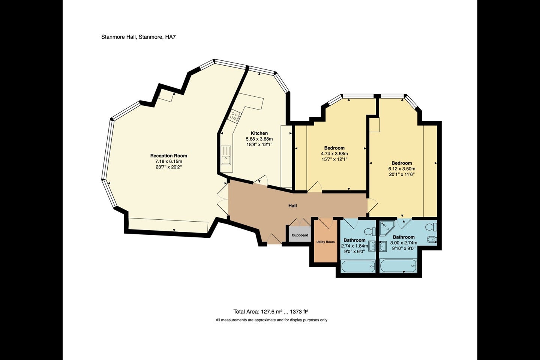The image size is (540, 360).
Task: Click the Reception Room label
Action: (168, 156)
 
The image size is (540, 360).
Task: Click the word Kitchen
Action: (259, 133)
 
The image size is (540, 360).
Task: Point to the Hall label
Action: (292, 205)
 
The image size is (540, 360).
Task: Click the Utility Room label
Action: (325, 242)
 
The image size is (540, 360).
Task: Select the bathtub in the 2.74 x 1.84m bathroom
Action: (358, 266)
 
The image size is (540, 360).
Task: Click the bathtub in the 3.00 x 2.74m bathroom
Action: (398, 266)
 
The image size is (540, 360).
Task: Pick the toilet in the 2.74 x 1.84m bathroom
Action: (370, 232)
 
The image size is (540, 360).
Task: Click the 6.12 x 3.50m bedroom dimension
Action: (402, 169)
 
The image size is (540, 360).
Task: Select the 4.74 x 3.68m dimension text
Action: (334, 154)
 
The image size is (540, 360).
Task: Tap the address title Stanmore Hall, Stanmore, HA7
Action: (138, 37)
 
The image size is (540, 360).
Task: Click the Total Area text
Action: (271, 312)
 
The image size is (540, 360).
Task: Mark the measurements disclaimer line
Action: (271, 320)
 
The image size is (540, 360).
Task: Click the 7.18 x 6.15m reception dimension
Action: (168, 161)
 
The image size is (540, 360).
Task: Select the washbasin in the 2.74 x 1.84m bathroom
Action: (372, 246)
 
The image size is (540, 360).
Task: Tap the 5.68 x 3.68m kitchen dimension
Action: (259, 139)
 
